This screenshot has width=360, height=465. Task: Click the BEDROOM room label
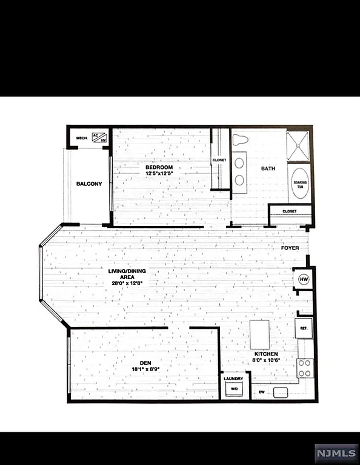(x=159, y=167)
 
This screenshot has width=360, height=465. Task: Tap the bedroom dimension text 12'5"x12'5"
(x=159, y=174)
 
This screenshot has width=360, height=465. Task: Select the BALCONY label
(x=88, y=184)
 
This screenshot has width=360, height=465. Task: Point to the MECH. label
(x=82, y=137)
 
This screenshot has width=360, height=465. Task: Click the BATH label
(x=268, y=169)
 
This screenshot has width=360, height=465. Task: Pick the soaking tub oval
(x=299, y=185)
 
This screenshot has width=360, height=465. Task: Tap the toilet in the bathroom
(x=241, y=140)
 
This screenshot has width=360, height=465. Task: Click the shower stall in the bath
(x=299, y=145)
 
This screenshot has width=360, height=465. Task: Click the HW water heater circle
(x=303, y=279)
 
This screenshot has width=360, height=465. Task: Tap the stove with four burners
(x=305, y=368)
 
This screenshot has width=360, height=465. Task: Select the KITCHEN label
(x=266, y=354)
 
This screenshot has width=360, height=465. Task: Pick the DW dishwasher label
(x=262, y=392)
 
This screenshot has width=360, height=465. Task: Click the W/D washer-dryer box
(x=233, y=390)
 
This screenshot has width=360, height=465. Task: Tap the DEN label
(x=144, y=362)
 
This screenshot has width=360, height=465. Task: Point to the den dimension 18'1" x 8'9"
(x=144, y=369)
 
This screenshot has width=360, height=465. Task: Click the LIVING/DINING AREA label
(x=124, y=274)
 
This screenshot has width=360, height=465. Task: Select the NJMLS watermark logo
(x=335, y=452)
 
